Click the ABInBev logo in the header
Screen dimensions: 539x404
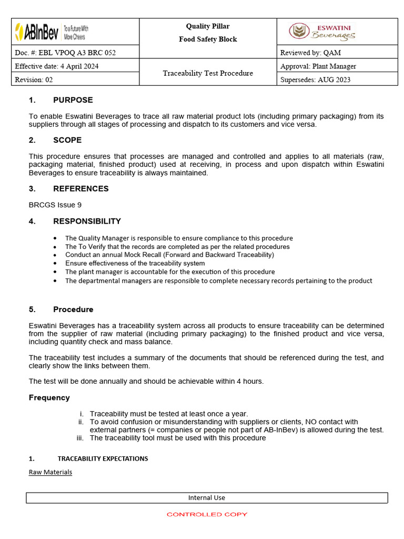pos(51,32)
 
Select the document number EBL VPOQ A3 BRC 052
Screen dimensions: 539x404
pos(65,53)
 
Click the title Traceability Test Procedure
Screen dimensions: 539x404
pos(208,73)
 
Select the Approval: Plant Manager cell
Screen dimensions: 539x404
pos(318,66)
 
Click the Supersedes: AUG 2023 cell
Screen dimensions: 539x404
pos(316,80)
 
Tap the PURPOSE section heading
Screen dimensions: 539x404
pos(73,100)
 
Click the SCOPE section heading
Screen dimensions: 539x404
pos(67,140)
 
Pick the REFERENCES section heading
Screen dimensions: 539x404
pos(80,188)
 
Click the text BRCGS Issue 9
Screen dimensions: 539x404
pos(55,205)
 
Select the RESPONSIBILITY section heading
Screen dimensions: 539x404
pos(87,221)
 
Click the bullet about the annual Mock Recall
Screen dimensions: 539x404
pos(169,255)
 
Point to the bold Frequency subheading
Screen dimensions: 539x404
pos(49,398)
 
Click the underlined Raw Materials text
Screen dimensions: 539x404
pos(50,472)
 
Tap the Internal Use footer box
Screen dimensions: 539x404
pos(207,498)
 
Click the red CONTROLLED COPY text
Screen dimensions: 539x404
pos(207,514)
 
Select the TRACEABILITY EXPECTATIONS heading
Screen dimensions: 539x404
pos(103,458)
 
